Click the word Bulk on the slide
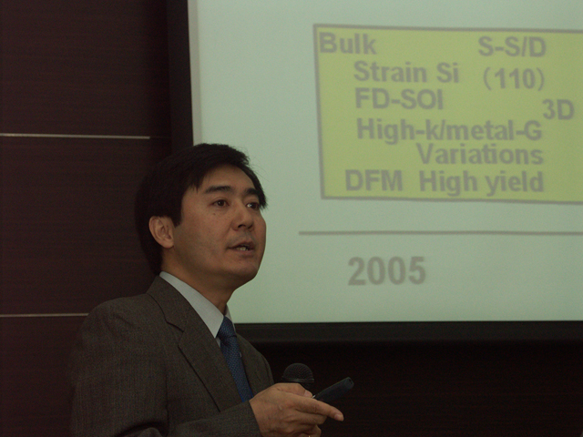tap(348, 44)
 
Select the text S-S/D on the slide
tap(512, 46)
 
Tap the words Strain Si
tap(406, 72)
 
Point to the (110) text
tap(514, 79)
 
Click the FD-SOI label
tap(399, 98)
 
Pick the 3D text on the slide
tap(558, 109)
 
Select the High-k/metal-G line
tap(449, 130)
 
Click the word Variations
tap(480, 154)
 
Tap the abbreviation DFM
tap(373, 181)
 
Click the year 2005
tap(386, 271)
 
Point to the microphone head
tap(298, 373)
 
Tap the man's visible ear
tap(161, 232)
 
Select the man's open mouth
tap(241, 247)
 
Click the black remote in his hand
tap(333, 390)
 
